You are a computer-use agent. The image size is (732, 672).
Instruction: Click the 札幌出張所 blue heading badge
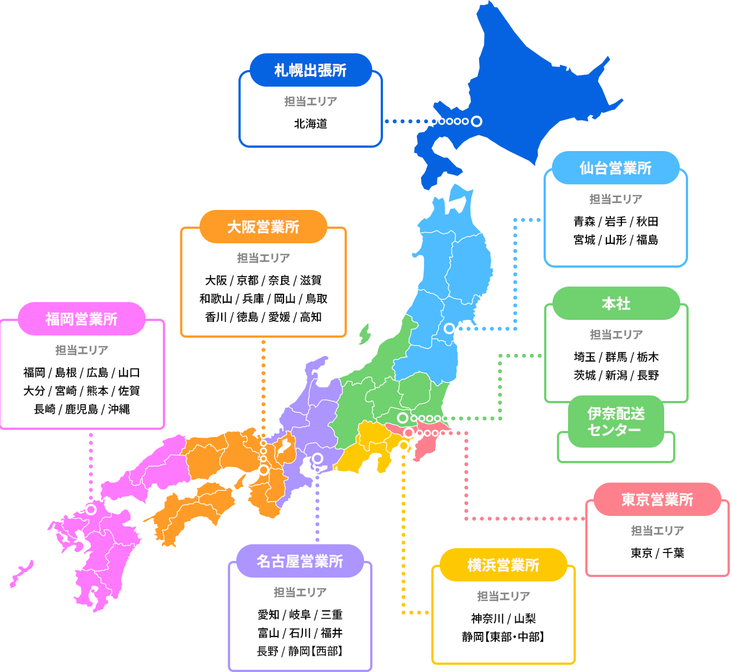[310, 70]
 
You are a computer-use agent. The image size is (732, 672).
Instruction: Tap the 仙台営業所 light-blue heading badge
[615, 168]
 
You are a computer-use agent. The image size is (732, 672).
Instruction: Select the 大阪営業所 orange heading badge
[263, 227]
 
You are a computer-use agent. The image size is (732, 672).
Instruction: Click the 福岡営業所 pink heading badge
[81, 319]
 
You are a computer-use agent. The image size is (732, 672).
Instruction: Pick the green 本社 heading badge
[616, 303]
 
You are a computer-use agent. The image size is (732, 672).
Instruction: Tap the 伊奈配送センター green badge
[616, 422]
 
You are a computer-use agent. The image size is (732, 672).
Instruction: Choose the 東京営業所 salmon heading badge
[657, 499]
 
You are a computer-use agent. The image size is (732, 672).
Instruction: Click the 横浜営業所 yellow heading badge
[503, 565]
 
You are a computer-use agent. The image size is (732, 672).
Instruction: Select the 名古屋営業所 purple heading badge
[300, 561]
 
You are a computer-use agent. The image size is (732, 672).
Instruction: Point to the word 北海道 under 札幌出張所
[310, 123]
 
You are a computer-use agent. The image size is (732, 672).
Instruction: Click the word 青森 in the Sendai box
[584, 222]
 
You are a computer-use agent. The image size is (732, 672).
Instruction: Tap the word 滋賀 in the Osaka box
[311, 280]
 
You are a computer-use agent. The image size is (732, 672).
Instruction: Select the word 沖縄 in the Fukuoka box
[119, 409]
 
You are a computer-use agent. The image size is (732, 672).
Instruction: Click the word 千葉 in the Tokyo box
[673, 553]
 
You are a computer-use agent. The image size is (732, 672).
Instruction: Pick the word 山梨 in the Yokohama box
[525, 619]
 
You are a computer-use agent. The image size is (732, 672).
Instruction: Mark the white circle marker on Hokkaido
[476, 121]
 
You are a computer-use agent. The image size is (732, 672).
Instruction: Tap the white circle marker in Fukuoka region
[91, 509]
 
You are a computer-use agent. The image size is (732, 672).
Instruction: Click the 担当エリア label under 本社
[616, 334]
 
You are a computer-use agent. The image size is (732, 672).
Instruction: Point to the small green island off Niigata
[365, 334]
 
